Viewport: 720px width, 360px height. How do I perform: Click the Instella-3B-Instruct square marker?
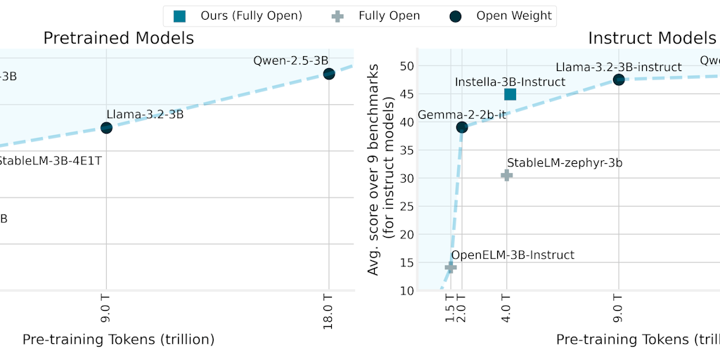click(x=510, y=94)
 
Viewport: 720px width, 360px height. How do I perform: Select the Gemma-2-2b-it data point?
click(x=462, y=127)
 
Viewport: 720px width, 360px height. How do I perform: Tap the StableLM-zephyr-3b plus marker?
click(x=506, y=174)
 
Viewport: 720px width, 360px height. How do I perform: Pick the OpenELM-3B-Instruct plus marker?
click(x=451, y=267)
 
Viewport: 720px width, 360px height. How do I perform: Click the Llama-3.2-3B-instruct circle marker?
click(x=619, y=79)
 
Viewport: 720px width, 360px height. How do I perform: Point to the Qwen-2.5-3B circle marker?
click(x=328, y=74)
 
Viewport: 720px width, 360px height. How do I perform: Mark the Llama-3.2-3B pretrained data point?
click(x=106, y=127)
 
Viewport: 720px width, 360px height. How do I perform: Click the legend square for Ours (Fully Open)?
click(x=179, y=15)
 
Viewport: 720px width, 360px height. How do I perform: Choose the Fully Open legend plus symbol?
click(x=339, y=15)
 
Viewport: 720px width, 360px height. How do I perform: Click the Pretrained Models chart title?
click(x=119, y=38)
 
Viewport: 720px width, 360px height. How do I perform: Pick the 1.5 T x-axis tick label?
click(x=451, y=309)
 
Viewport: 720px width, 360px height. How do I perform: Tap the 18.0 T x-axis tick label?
click(x=328, y=310)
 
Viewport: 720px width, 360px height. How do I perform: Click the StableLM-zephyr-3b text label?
click(x=565, y=163)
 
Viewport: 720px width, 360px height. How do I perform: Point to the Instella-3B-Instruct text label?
click(x=510, y=82)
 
